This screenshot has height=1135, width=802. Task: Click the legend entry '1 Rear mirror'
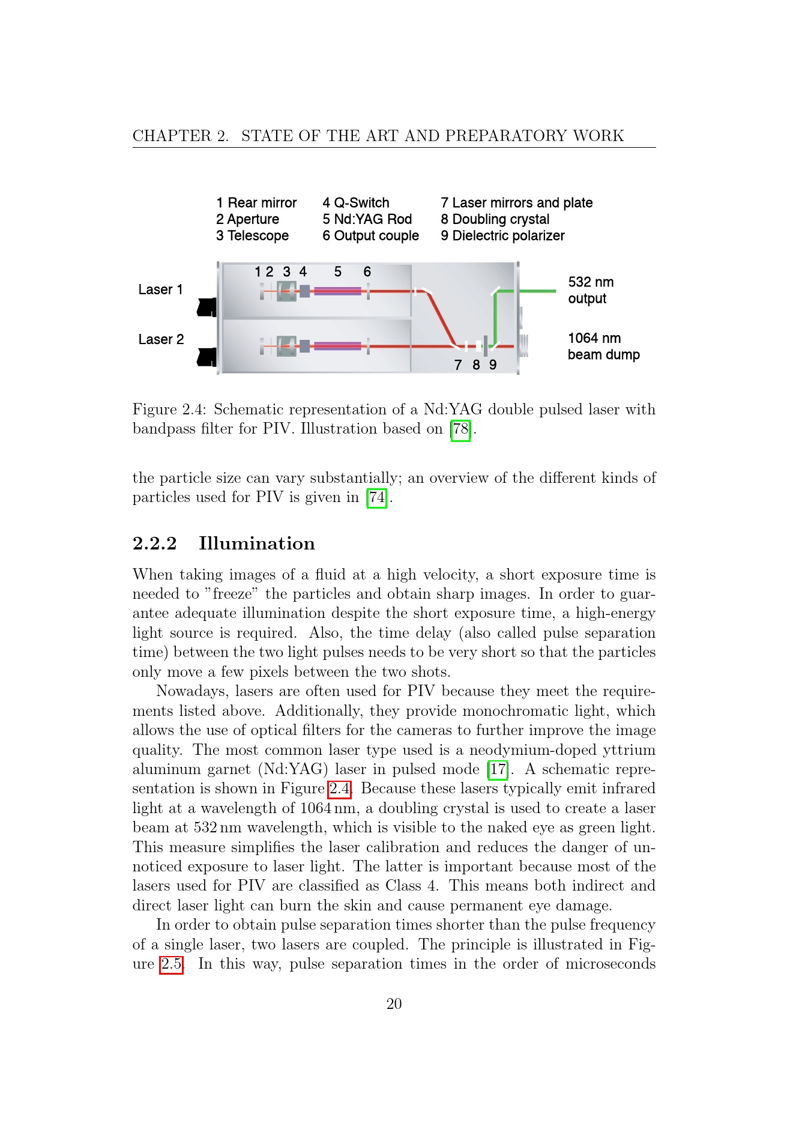pyautogui.click(x=256, y=203)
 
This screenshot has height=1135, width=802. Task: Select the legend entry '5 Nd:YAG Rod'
pyautogui.click(x=367, y=219)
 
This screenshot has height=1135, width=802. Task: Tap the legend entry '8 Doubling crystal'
pyautogui.click(x=495, y=219)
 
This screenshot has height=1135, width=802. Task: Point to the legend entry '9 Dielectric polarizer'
pyautogui.click(x=502, y=235)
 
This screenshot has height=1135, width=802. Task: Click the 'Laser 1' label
pyautogui.click(x=160, y=289)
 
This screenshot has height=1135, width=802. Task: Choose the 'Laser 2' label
pyautogui.click(x=161, y=339)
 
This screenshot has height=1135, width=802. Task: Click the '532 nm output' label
pyautogui.click(x=591, y=290)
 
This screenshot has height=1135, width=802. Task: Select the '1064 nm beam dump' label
pyautogui.click(x=604, y=347)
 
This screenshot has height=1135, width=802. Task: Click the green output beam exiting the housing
pyautogui.click(x=537, y=291)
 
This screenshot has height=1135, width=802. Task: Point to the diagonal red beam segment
pyautogui.click(x=441, y=318)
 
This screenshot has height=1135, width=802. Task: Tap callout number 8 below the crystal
pyautogui.click(x=476, y=365)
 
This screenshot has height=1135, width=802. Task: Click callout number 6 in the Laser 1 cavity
pyautogui.click(x=367, y=272)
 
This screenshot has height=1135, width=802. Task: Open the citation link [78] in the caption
pyautogui.click(x=460, y=429)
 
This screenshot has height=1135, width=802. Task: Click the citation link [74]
pyautogui.click(x=376, y=498)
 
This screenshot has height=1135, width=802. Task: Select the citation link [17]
pyautogui.click(x=498, y=770)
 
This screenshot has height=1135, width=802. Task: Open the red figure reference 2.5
pyautogui.click(x=171, y=964)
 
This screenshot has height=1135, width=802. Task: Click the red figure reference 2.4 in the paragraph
pyautogui.click(x=339, y=789)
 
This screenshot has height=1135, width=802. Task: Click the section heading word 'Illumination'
pyautogui.click(x=257, y=543)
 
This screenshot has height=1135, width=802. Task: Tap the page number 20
pyautogui.click(x=394, y=1004)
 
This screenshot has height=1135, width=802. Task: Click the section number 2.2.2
pyautogui.click(x=155, y=543)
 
